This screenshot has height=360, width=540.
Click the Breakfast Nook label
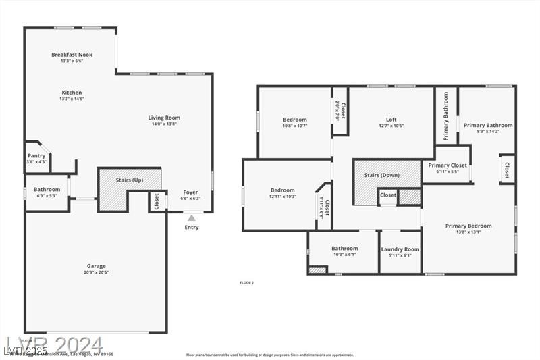point(72,55)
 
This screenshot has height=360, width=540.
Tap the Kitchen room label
point(72,93)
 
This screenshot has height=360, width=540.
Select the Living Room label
point(164,118)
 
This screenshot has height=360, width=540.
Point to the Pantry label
point(36,155)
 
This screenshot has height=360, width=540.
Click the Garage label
point(96,266)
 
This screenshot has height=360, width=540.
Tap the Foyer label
point(190,192)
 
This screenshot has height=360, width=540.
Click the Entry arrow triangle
point(192,217)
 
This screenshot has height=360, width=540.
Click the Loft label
point(390,120)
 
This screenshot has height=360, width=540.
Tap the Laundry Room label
point(400,249)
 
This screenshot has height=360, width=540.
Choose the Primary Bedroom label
point(468,226)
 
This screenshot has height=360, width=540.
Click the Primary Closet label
point(448,165)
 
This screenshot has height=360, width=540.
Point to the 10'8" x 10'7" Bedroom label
point(294,120)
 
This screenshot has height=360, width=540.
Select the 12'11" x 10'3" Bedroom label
point(282,190)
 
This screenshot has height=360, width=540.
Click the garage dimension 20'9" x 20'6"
point(96,272)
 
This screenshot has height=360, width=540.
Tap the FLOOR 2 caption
point(247,282)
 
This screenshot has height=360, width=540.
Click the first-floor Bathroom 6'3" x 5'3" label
point(47,190)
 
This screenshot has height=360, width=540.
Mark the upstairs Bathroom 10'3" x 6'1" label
point(344,249)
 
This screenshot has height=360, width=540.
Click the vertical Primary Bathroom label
point(446,116)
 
